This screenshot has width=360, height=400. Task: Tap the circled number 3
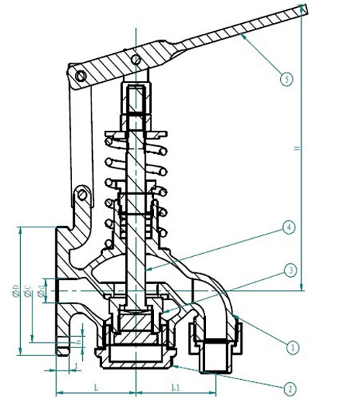click(287, 271)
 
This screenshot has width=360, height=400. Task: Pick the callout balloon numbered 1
click(292, 347)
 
